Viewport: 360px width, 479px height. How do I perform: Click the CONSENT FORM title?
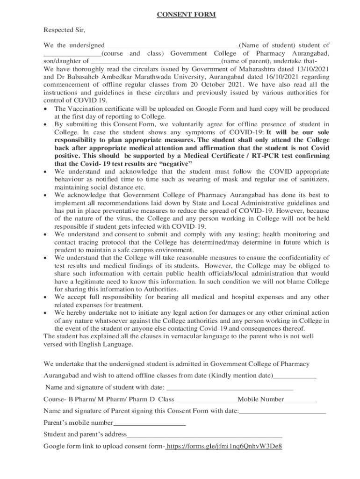pos(186,15)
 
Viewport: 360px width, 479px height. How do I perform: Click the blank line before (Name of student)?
pos(173,46)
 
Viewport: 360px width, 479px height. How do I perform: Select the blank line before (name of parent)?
pos(155,61)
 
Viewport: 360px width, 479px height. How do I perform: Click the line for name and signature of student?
pos(230,388)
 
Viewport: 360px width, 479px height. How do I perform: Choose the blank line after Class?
pos(207,400)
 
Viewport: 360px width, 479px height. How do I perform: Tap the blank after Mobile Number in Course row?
pos(300,400)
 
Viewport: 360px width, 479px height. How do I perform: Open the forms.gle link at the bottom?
pos(224,446)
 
